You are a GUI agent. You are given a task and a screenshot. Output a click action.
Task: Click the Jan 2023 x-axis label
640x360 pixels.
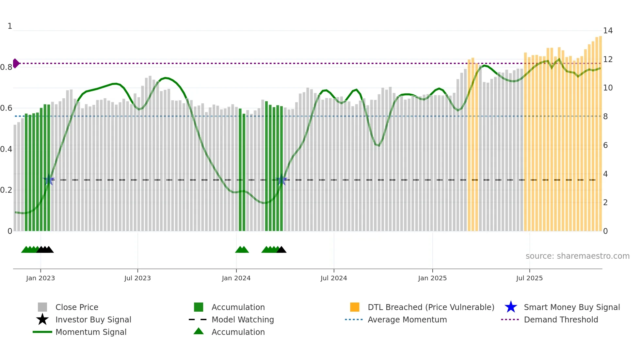coord(40,278)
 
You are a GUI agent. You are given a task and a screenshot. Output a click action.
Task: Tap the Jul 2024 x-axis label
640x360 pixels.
coord(334,278)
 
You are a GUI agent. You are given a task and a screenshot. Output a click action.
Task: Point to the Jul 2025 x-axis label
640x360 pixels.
coord(529,278)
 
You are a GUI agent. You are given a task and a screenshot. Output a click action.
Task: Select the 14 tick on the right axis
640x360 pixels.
coord(608,31)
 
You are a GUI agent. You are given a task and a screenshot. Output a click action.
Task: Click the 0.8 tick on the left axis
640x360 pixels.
coord(6,67)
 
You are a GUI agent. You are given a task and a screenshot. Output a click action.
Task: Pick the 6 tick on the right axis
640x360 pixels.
coord(605,145)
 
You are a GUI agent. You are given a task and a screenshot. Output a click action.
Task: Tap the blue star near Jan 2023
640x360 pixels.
coord(49,180)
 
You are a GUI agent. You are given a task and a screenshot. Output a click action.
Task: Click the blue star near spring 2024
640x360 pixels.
coord(281,180)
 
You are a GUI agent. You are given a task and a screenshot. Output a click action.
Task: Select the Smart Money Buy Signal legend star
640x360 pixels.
coord(511,307)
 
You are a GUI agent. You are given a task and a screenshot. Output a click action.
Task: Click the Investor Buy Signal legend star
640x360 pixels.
coord(42,319)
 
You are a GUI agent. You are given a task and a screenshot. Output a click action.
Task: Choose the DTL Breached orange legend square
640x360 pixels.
coord(355,307)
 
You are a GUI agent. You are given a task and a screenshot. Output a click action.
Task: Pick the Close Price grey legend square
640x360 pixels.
coord(42,307)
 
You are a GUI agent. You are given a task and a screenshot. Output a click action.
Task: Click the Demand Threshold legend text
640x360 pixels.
coord(561,319)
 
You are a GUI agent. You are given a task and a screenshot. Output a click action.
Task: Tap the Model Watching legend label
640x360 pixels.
coord(243,319)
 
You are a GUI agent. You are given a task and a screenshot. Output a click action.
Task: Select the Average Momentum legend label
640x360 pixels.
coord(407,319)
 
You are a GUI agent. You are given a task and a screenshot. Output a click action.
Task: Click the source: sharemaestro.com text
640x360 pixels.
coord(577,256)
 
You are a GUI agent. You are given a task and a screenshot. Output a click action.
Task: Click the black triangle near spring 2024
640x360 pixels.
coord(281,250)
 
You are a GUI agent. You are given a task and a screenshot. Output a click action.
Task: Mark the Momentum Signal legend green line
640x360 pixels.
coord(42,332)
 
